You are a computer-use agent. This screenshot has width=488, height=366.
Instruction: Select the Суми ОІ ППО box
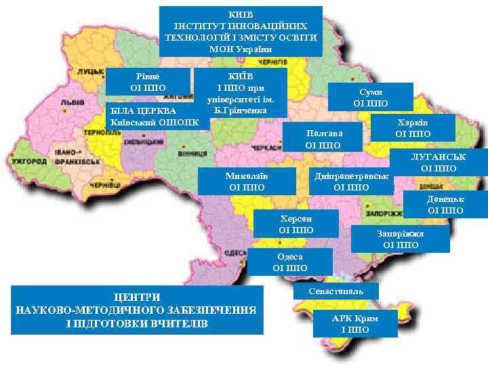tap(371, 97)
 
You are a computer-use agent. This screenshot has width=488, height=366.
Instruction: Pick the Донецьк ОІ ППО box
tap(445, 205)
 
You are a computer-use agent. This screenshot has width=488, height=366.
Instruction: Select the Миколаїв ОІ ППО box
tap(247, 181)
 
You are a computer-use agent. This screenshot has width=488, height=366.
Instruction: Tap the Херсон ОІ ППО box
tap(296, 224)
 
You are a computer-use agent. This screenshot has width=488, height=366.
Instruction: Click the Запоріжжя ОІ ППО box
tap(401, 239)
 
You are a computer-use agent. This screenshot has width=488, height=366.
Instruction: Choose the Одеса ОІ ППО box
tap(289, 262)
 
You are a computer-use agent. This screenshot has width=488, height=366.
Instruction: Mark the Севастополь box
tap(335, 291)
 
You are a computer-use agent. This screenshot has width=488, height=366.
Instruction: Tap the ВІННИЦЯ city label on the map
tap(192, 154)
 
